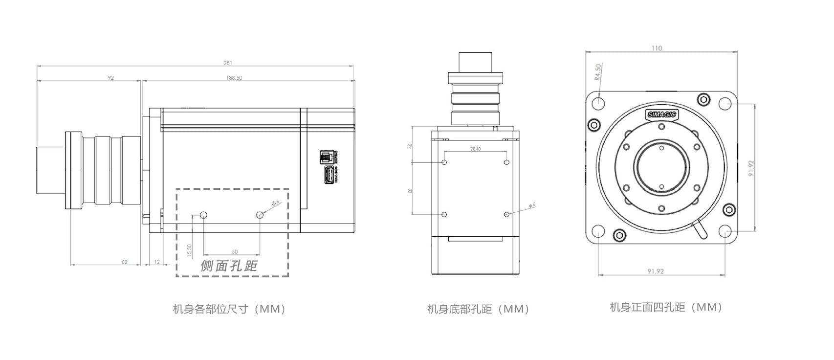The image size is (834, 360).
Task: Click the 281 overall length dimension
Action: [x=228, y=63]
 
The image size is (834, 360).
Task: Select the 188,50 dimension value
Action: [x=234, y=78]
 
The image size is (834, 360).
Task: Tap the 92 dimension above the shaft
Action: [x=111, y=78]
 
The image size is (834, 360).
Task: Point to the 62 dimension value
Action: [x=125, y=262]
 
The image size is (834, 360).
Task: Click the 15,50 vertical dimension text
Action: [x=190, y=249]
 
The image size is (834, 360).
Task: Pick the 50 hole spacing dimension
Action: [x=235, y=252]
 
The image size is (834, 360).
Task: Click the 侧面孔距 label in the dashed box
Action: [x=229, y=266]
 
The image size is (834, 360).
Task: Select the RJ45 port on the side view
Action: [x=326, y=157]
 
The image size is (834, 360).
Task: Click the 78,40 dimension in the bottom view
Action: [x=475, y=149]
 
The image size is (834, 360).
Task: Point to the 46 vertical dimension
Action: [x=411, y=145]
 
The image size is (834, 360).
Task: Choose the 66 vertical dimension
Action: [x=411, y=190]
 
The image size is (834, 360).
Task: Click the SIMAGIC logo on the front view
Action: [x=661, y=115]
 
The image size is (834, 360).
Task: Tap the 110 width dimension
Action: [x=657, y=48]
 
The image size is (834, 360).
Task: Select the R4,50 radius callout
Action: [x=598, y=71]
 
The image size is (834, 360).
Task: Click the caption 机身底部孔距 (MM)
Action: [x=479, y=309]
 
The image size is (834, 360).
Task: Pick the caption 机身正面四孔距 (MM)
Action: [x=666, y=307]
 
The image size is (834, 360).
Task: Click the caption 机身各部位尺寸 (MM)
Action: [x=229, y=309]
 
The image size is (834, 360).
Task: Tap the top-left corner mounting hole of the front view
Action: [x=598, y=103]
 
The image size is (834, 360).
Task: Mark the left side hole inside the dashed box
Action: [x=204, y=215]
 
